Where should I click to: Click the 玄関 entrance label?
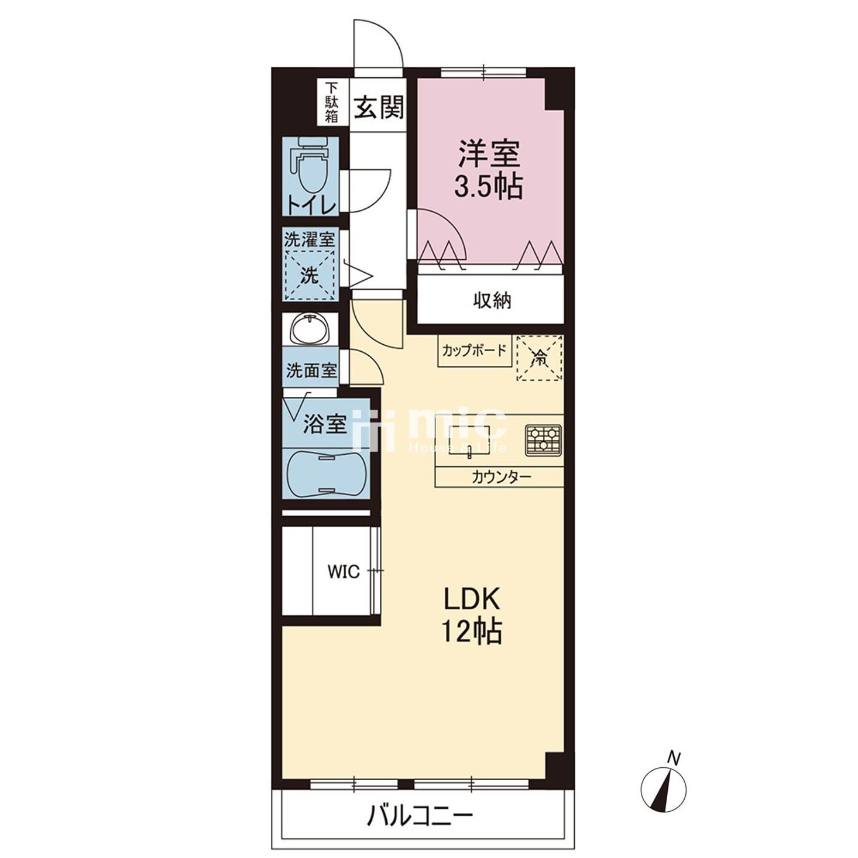click(x=379, y=108)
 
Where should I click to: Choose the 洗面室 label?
click(x=311, y=370)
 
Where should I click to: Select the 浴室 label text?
click(x=325, y=424)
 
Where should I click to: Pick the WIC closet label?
click(x=344, y=572)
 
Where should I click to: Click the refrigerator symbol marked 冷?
click(x=540, y=358)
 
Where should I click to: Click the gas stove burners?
click(x=544, y=440)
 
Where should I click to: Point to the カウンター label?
click(x=502, y=478)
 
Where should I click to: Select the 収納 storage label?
click(x=492, y=301)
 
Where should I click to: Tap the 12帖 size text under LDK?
click(x=472, y=631)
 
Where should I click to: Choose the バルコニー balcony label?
click(x=419, y=816)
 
